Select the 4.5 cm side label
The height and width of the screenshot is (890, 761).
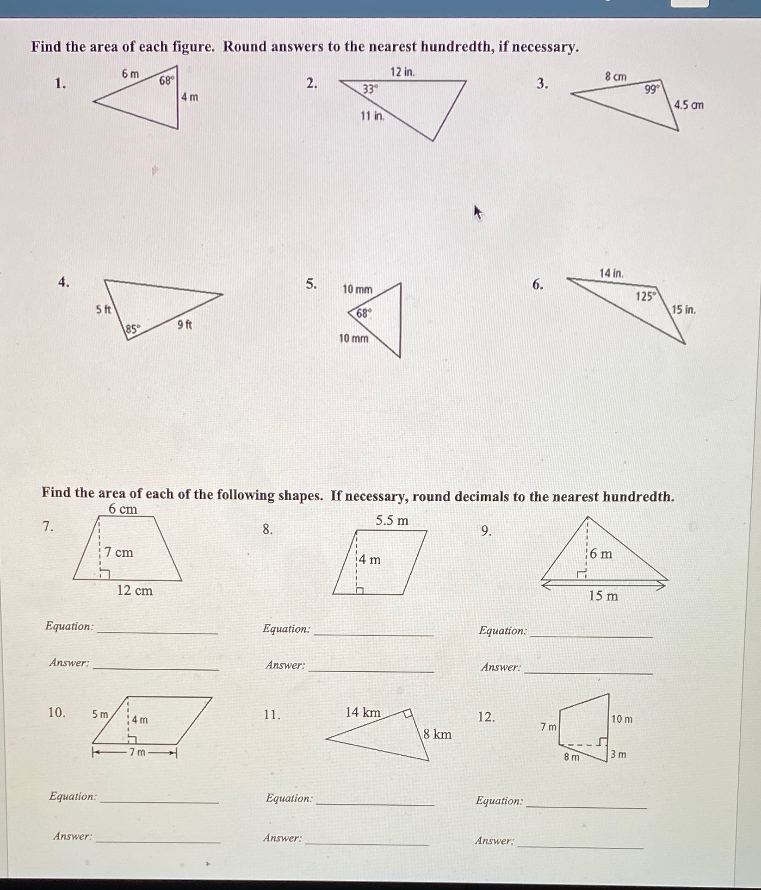(x=688, y=106)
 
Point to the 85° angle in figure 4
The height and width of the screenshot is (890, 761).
(x=132, y=329)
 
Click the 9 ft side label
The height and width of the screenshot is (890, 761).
(x=185, y=325)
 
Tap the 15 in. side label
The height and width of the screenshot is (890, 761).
(x=683, y=310)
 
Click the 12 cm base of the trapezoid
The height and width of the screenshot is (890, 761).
(x=135, y=591)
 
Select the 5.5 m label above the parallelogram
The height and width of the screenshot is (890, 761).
(x=392, y=521)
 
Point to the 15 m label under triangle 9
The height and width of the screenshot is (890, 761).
(x=603, y=596)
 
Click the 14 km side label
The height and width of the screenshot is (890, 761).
(x=363, y=712)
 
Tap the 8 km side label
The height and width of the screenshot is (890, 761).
(x=437, y=734)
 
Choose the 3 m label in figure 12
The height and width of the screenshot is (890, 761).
(x=618, y=754)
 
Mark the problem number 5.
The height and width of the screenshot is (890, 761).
(x=311, y=284)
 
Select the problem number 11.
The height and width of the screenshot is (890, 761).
(x=272, y=715)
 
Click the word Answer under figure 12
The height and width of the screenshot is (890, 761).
(x=495, y=841)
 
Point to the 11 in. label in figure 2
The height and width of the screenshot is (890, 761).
(x=372, y=116)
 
